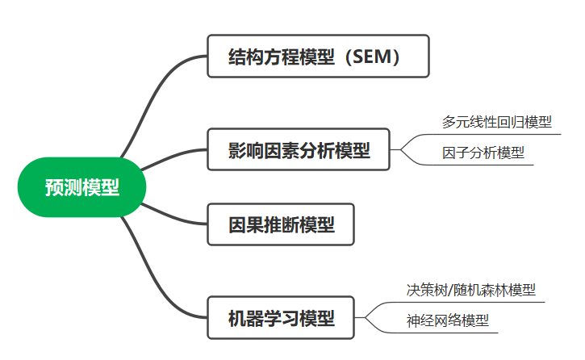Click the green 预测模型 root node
[x=81, y=188]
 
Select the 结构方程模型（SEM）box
[x=317, y=57]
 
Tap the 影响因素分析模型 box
[x=299, y=149]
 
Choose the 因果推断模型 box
[x=282, y=224]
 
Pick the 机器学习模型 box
[x=282, y=318]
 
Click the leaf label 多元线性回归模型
[x=496, y=123]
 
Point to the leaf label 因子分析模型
[x=483, y=152]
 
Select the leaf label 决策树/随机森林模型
[x=471, y=290]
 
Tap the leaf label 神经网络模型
[x=448, y=320]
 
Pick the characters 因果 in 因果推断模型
[x=247, y=225]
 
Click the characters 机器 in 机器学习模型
[x=247, y=318]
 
